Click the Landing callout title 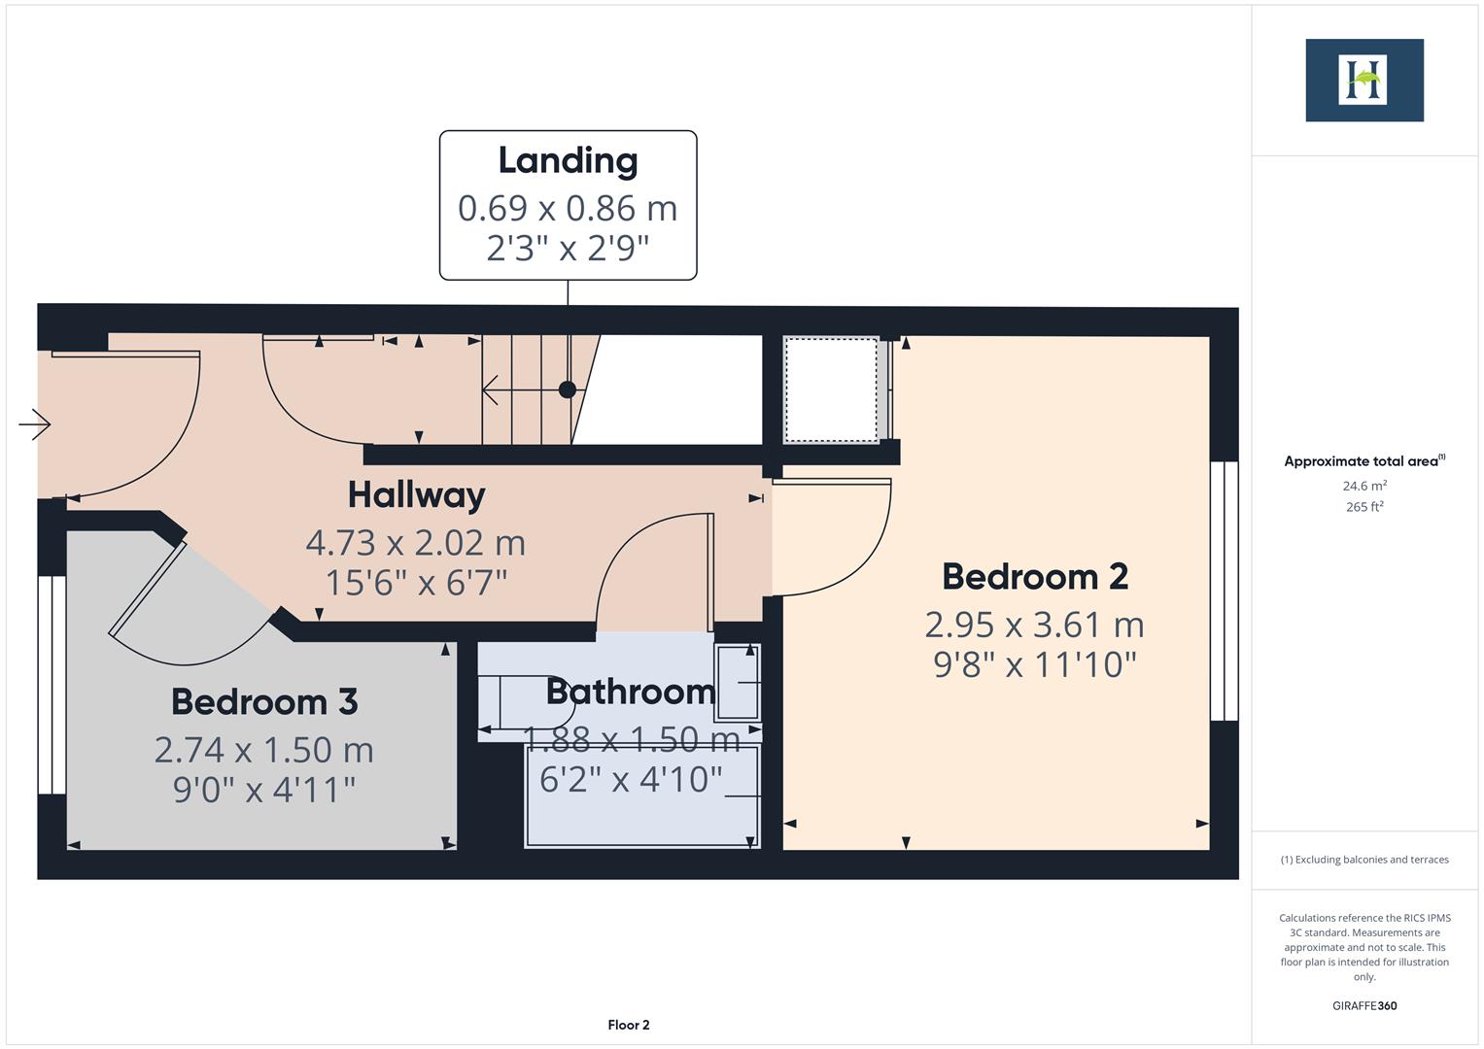(568, 161)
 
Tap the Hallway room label (416, 495)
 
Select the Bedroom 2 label (1034, 577)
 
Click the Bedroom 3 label (264, 702)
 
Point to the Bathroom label (630, 692)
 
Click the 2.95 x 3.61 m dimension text (1034, 624)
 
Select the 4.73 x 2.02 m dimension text (416, 542)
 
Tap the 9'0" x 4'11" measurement (264, 790)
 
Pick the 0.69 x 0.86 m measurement (568, 208)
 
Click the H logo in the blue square (1363, 81)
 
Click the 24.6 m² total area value (1364, 486)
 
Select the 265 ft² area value (1364, 507)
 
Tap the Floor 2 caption (629, 1025)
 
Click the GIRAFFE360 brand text (1364, 1005)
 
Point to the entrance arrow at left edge (34, 424)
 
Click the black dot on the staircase (568, 389)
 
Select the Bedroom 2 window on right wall (1225, 591)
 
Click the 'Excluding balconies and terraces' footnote (1364, 860)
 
